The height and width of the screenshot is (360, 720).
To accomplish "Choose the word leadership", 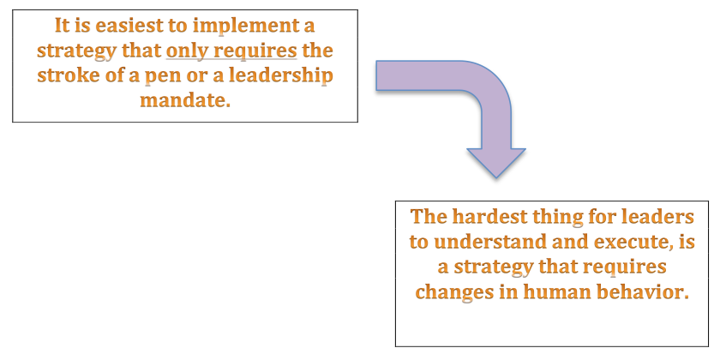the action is tap(280, 76).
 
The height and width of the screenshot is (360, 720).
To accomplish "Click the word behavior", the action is tap(639, 291).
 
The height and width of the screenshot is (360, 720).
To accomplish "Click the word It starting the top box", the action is tap(62, 26).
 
